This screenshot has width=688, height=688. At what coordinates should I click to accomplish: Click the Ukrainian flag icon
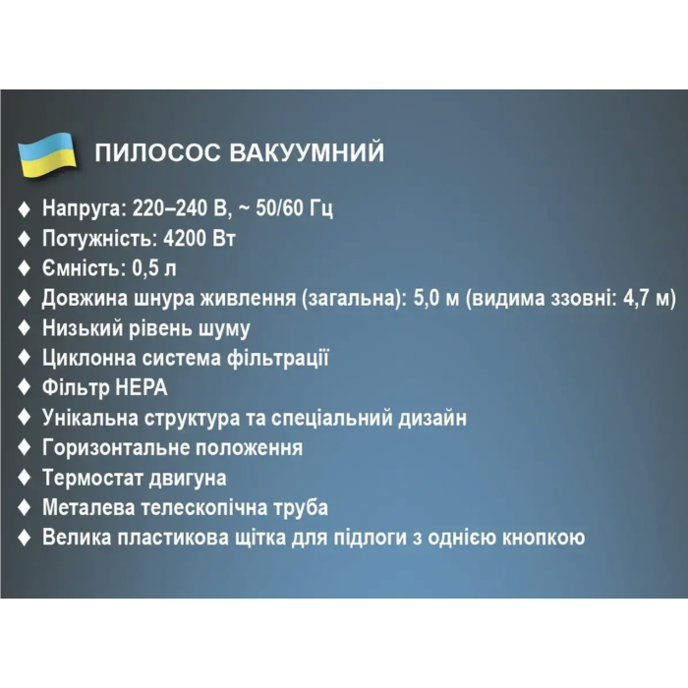coord(48,155)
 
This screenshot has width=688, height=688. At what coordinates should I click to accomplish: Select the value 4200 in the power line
coord(180,238)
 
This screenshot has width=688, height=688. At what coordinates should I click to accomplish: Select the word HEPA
coord(138,387)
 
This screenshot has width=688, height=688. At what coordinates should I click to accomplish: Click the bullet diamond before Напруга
coord(25,208)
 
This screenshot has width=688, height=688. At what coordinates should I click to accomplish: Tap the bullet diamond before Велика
coord(25,538)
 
